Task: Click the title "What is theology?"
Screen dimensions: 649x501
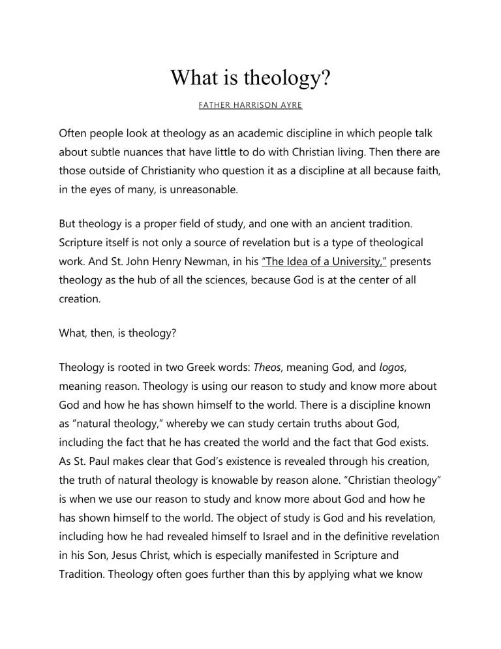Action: coord(250,78)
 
